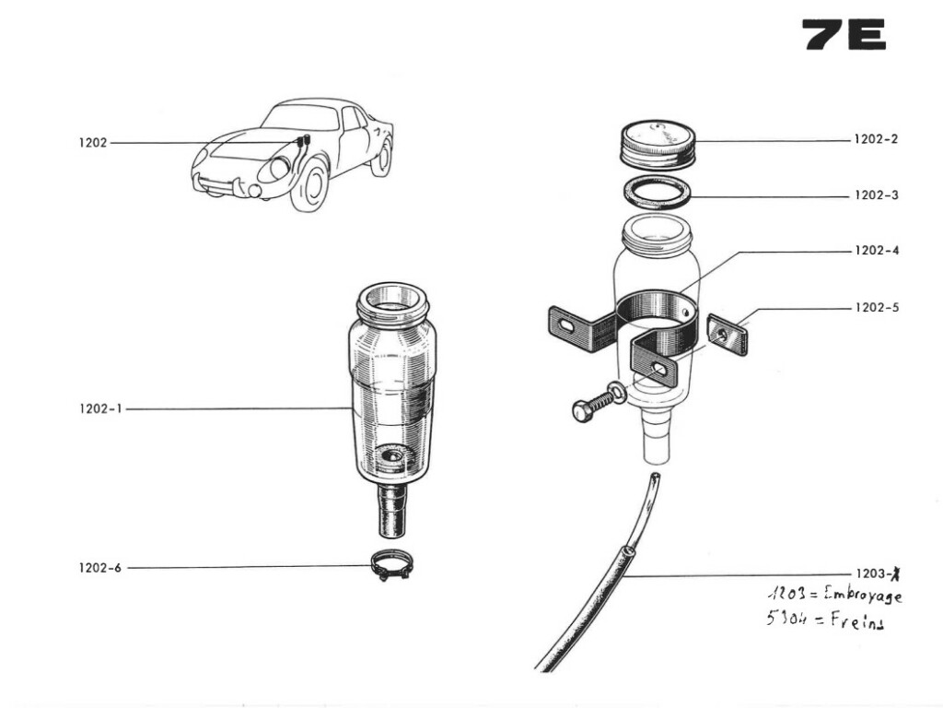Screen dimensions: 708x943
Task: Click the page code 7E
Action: click(x=843, y=34)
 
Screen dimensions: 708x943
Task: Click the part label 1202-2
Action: click(x=875, y=140)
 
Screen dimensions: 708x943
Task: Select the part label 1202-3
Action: click(x=875, y=195)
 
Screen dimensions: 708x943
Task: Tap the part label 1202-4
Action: click(x=875, y=251)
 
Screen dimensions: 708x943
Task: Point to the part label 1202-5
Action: click(x=875, y=307)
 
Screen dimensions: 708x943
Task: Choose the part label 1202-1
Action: click(x=99, y=409)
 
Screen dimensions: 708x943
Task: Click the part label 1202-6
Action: click(x=99, y=568)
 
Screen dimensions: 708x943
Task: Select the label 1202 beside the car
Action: click(x=92, y=143)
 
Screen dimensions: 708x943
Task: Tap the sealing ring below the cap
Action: click(x=656, y=194)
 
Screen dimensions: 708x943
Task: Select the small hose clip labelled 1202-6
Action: click(x=392, y=565)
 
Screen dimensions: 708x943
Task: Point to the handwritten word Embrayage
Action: click(x=857, y=596)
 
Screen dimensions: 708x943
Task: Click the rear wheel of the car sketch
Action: click(x=381, y=158)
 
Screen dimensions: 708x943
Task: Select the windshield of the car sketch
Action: click(x=301, y=118)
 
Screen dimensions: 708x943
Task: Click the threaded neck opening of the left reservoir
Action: click(x=392, y=302)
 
